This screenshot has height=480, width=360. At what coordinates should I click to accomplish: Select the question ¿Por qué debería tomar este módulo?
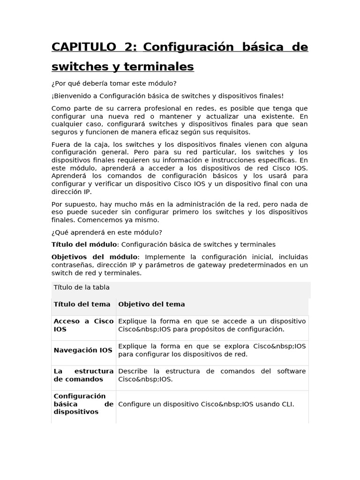pos(113,83)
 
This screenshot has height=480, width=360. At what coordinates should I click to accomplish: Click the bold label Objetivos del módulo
pos(94,257)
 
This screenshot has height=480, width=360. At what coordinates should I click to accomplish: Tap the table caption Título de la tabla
pos(82,287)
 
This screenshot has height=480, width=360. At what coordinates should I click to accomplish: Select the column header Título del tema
pos(82,304)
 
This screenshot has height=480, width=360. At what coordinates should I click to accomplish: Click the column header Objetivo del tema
pos(151,304)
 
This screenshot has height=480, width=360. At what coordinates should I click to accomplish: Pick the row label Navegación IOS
pos(83,350)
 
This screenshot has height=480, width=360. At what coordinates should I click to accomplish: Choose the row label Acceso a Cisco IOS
pos(83,325)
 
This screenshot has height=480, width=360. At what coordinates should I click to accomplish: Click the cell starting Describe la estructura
pos(212,375)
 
